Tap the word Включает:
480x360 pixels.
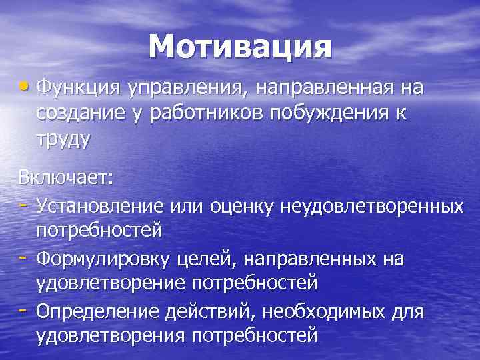point(66,178)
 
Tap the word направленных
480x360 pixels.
point(312,258)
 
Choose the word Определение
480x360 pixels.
point(98,311)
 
